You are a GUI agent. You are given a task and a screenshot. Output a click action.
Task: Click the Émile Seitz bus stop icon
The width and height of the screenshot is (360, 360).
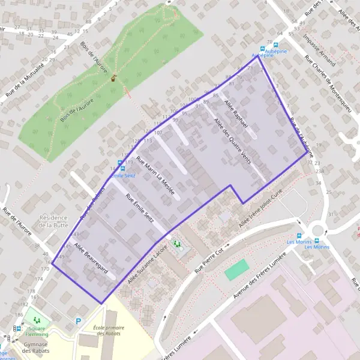[x=120, y=163]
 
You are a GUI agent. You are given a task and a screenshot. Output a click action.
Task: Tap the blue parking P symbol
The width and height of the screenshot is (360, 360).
[x=78, y=322]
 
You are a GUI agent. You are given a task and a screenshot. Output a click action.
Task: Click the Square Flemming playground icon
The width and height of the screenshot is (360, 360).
[x=37, y=320]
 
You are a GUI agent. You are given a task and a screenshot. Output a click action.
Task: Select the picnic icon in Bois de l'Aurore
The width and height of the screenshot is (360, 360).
[x=113, y=77]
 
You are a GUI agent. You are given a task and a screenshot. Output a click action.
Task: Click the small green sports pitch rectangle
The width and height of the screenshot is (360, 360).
[x=236, y=269]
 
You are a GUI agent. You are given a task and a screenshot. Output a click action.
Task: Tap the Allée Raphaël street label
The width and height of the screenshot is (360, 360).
[x=235, y=113]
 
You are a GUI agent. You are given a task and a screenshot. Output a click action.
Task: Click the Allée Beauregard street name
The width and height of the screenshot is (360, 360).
[x=90, y=259]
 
